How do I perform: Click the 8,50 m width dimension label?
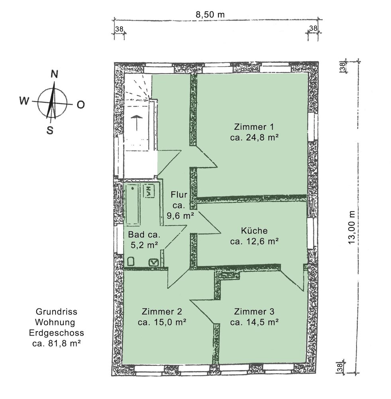[210, 14]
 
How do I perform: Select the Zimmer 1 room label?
[254, 127]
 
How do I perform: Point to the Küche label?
[254, 231]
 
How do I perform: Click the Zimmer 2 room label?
[162, 312]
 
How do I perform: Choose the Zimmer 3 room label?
[254, 312]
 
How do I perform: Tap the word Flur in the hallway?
[179, 195]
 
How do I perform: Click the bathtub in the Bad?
[133, 205]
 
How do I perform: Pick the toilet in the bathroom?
[131, 262]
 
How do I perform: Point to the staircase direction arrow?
[137, 122]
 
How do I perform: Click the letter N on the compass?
[54, 74]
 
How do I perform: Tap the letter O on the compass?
[81, 105]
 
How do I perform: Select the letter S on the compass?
[50, 130]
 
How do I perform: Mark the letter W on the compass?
[24, 101]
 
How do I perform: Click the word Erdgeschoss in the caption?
[57, 333]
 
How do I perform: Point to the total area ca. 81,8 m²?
[57, 344]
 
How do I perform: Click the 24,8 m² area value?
[262, 137]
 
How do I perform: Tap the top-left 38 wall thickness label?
[119, 29]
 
